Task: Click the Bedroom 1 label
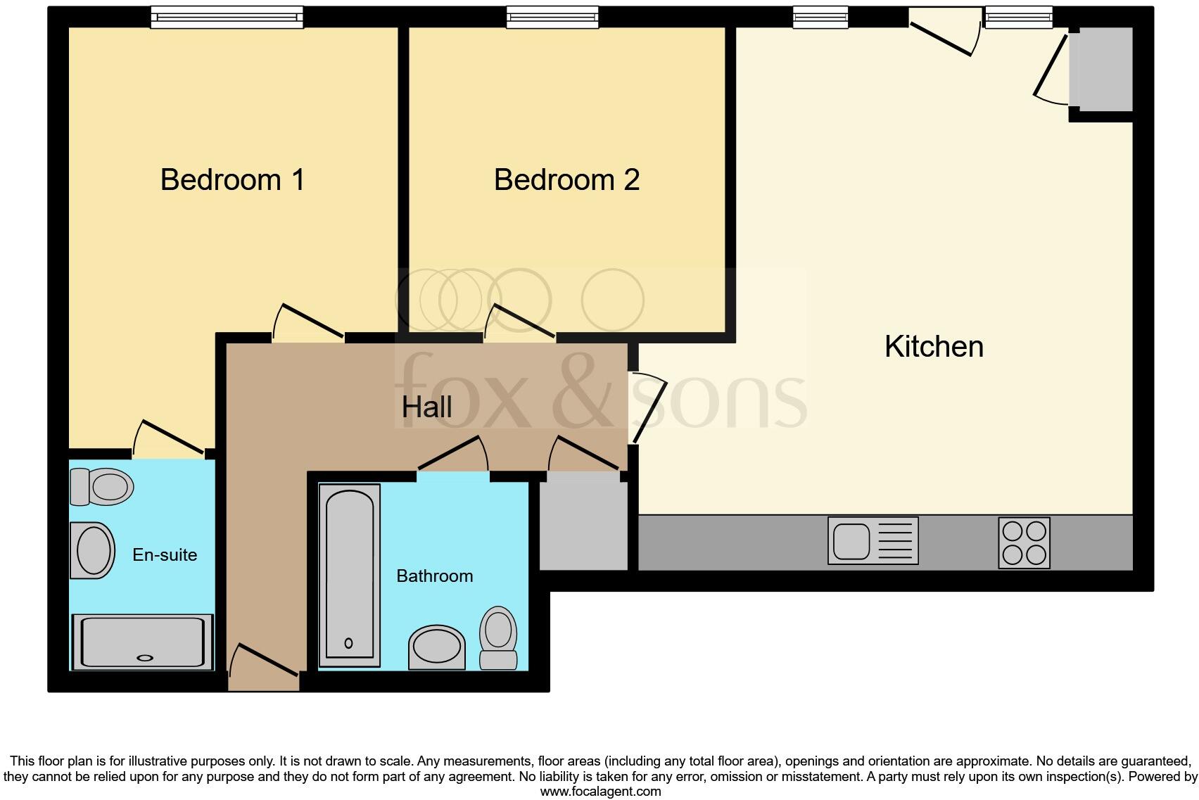tap(232, 180)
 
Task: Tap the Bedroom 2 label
tap(566, 180)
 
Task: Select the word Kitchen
tap(934, 347)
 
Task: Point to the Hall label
tap(426, 407)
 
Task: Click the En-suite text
tap(165, 555)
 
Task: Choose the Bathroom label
tap(434, 576)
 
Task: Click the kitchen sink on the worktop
tap(873, 540)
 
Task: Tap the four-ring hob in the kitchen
tap(1024, 542)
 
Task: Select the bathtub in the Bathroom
tap(349, 575)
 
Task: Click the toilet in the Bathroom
tap(498, 636)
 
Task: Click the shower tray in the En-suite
tap(143, 642)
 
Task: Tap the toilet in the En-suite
tap(103, 486)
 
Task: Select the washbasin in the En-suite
tap(93, 550)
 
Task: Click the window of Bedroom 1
tap(227, 17)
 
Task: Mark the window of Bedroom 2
tap(552, 17)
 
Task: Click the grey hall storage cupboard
tap(583, 524)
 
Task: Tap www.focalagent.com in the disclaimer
tap(600, 791)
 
